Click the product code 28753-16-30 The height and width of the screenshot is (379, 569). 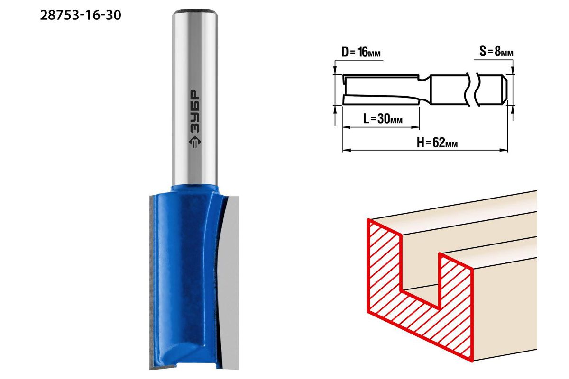(x=81, y=15)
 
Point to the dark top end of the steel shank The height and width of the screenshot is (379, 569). (x=195, y=11)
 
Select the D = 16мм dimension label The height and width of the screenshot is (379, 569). (x=361, y=52)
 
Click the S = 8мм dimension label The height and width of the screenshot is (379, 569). (x=496, y=52)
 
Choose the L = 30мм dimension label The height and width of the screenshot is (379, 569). (x=383, y=118)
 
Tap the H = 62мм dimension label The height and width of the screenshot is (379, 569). (x=437, y=143)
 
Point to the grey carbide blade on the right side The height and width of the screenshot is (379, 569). (x=230, y=282)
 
